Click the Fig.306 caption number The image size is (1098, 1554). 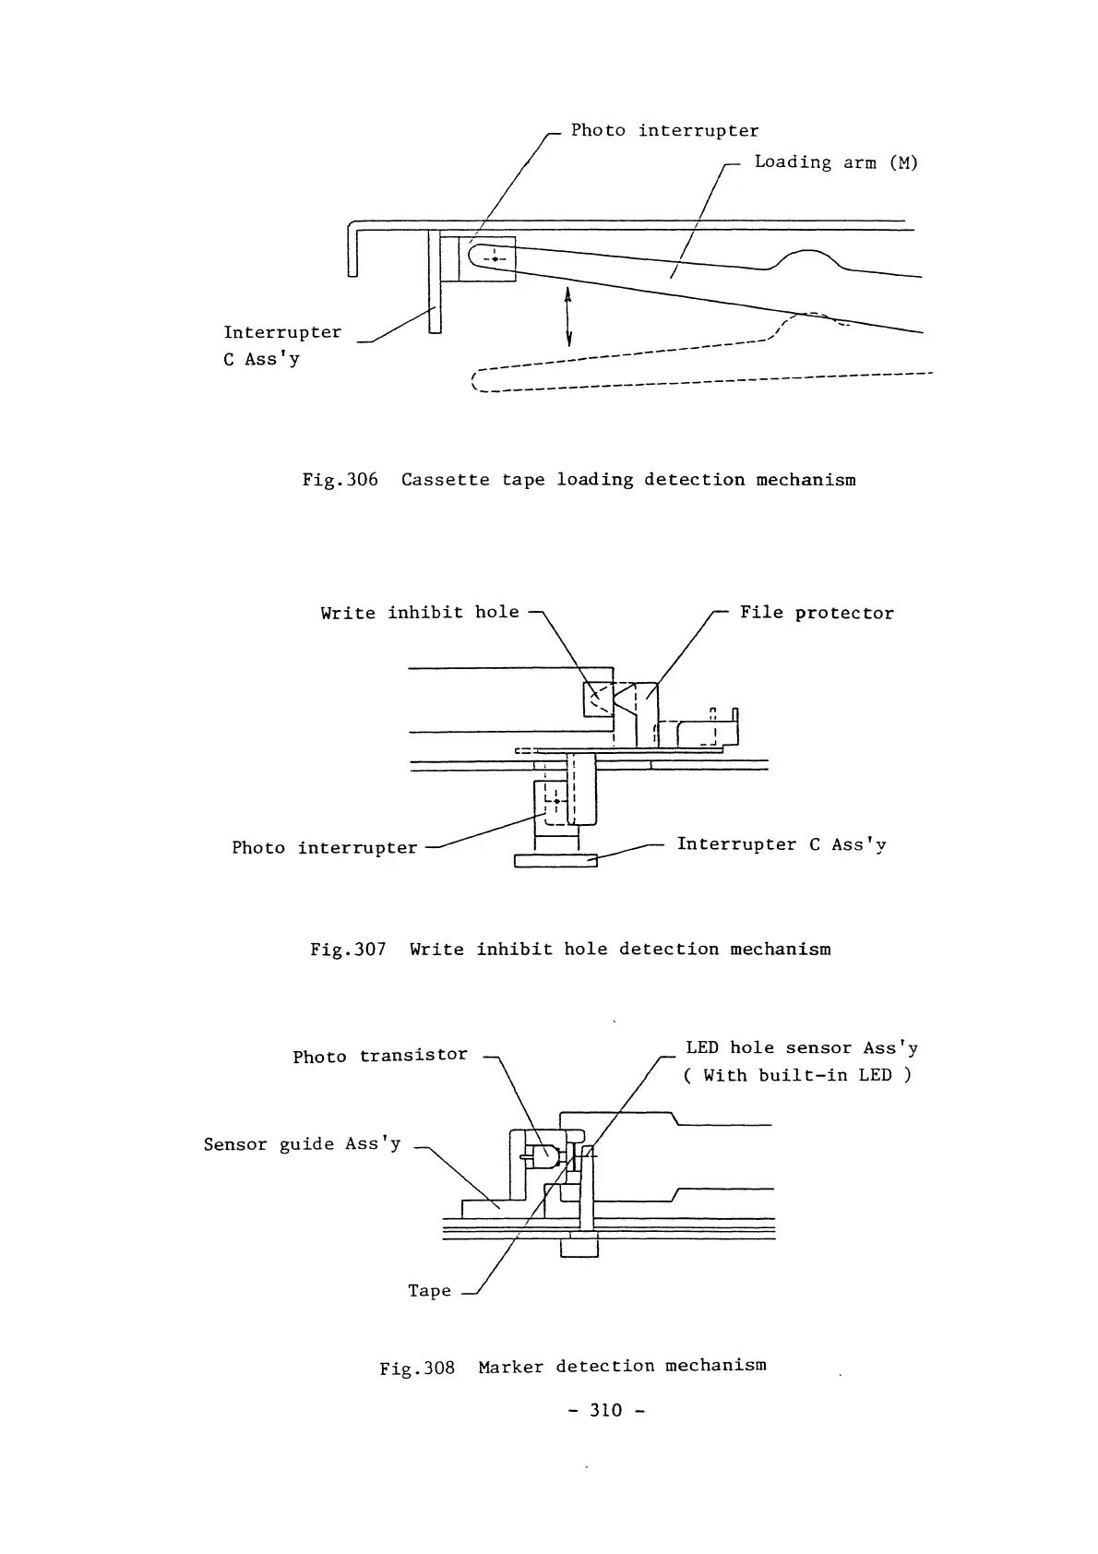coord(340,480)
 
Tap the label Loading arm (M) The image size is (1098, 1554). coord(836,162)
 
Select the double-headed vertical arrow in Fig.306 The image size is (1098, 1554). coord(568,315)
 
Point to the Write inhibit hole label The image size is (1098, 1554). coord(420,613)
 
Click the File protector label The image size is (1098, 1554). coord(817,614)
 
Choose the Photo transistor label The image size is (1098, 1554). coord(380,1056)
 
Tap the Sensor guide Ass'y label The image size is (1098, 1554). coord(303,1144)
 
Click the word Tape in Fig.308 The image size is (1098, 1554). coord(430,1291)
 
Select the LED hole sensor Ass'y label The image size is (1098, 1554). coord(801,1048)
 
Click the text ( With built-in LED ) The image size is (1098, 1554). coord(798,1075)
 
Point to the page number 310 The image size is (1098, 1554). coord(605,1410)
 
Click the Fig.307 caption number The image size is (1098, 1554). coord(348,950)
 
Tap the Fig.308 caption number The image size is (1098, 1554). coord(418,1367)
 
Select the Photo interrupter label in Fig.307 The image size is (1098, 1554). coord(325,848)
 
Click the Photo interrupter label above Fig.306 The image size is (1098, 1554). coord(664,131)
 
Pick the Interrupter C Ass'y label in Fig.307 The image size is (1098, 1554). coord(782,845)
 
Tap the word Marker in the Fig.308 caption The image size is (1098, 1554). coord(511,1366)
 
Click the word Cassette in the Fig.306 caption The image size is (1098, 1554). coord(446,480)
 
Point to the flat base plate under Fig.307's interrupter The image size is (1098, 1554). coord(555,861)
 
